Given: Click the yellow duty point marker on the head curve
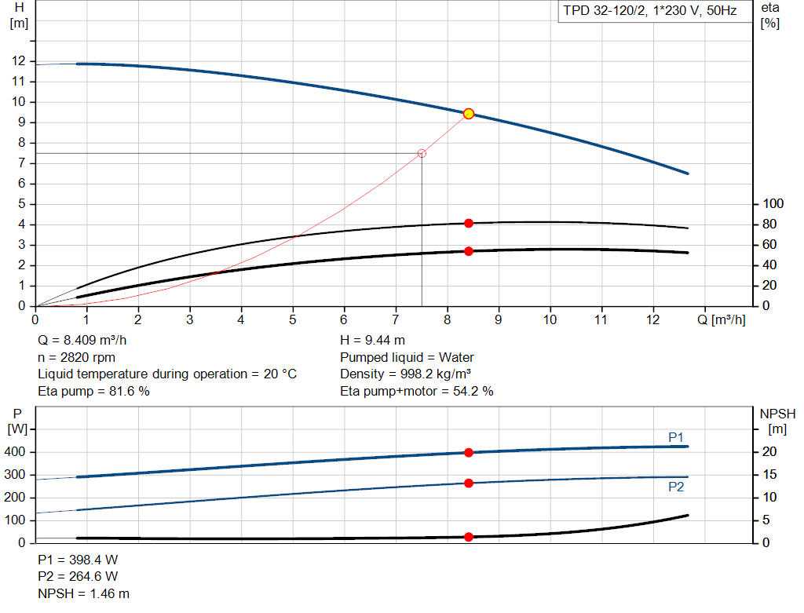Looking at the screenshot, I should click(x=469, y=114).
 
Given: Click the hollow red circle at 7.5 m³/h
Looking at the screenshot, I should click(x=422, y=153).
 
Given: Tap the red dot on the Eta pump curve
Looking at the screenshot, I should click(x=469, y=224).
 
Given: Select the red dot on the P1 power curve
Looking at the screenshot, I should click(x=469, y=453).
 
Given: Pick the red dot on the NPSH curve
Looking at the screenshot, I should click(x=469, y=537).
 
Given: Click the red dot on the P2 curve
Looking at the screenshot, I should click(x=469, y=483).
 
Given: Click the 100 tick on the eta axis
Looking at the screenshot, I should click(x=774, y=204).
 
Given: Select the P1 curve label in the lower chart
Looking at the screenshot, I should click(x=676, y=437).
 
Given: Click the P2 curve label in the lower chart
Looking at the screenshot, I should click(x=676, y=487).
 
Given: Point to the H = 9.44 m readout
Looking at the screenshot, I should click(x=372, y=341).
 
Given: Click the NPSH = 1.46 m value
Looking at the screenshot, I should click(x=83, y=594).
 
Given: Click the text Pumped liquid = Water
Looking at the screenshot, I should click(x=407, y=357).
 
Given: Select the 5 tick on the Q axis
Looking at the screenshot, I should click(x=292, y=319).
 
